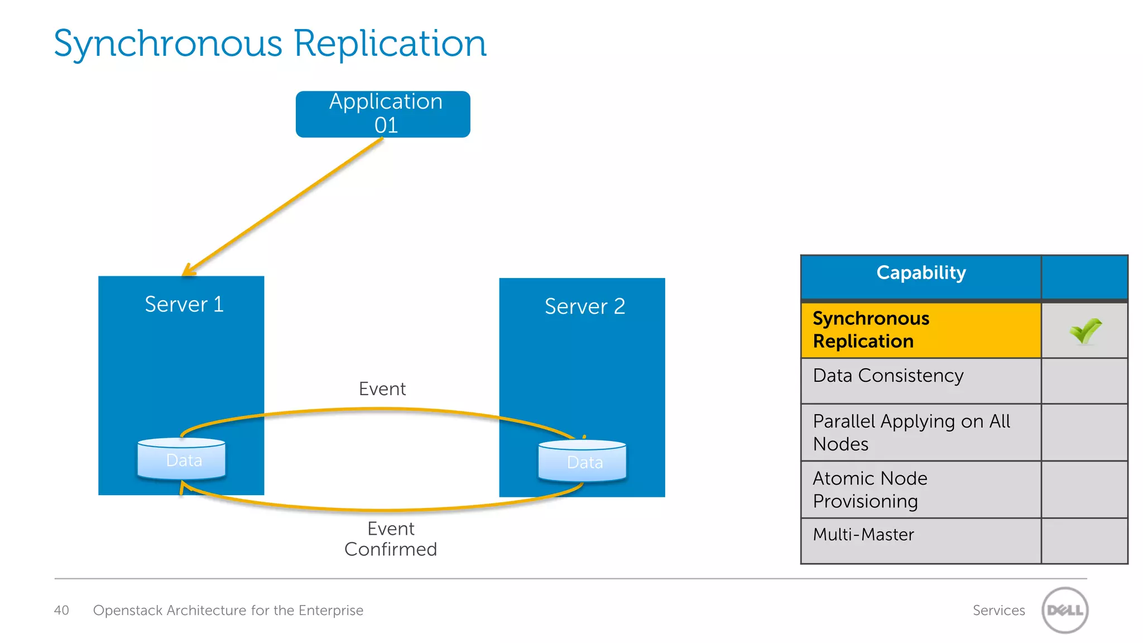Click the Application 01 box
(x=383, y=114)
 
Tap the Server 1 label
(x=184, y=304)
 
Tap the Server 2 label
(x=584, y=306)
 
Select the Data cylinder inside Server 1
(x=182, y=459)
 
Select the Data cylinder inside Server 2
(x=583, y=462)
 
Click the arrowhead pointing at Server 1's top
(x=189, y=270)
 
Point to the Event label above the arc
(x=382, y=388)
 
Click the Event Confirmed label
(x=390, y=539)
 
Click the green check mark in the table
(x=1085, y=330)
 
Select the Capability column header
(x=921, y=273)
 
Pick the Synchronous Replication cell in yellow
(x=921, y=330)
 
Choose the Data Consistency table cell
(x=921, y=376)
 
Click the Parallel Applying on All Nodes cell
(x=921, y=433)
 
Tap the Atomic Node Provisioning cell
(x=921, y=490)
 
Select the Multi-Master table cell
(x=921, y=535)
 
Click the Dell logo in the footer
(x=1065, y=610)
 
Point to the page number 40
(x=61, y=610)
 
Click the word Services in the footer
(x=998, y=610)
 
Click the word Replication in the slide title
(x=390, y=44)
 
